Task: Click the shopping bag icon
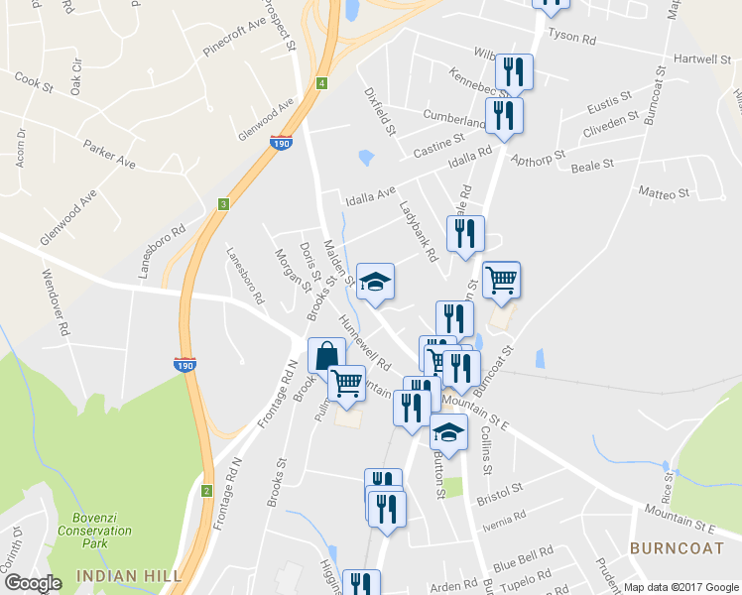coord(327,355)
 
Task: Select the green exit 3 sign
coord(224,204)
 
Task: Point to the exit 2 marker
coord(206,491)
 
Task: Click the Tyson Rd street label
coord(572,40)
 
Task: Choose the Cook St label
coord(34,81)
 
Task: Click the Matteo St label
coord(664,191)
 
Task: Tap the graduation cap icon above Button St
coord(448,433)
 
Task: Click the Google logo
coord(33,583)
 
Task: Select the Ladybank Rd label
coord(418,232)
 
